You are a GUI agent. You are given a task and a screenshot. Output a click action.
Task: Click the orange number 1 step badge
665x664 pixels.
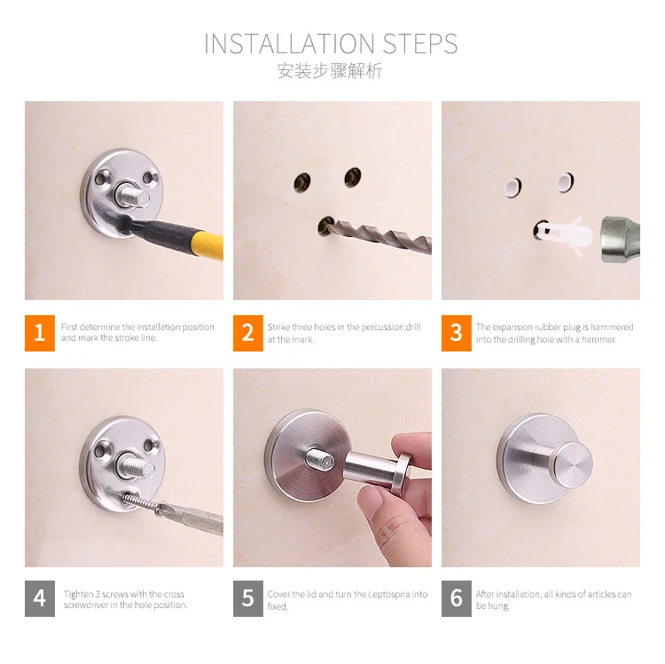[x=40, y=333]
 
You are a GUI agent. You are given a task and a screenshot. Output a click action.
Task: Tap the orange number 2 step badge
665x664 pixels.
[x=248, y=333]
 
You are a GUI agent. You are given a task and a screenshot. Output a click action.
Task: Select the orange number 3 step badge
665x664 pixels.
[x=457, y=333]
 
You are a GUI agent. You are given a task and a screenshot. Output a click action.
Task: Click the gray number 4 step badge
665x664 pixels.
[x=40, y=598]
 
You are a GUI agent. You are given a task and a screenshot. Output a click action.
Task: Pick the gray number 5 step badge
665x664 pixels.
[x=248, y=598]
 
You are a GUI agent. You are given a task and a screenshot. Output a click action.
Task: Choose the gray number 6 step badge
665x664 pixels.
[x=457, y=598]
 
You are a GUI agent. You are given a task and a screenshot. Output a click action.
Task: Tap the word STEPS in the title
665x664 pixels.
[x=420, y=43]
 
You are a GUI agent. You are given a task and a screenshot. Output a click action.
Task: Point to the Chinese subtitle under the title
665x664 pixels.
[x=330, y=70]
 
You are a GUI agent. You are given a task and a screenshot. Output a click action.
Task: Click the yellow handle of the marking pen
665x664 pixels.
[x=207, y=244]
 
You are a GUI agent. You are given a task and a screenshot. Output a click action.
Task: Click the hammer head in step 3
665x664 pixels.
[x=620, y=239]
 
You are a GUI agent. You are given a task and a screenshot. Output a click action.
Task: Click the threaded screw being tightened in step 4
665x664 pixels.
[x=141, y=501]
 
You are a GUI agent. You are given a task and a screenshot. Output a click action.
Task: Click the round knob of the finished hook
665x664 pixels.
[x=574, y=465]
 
